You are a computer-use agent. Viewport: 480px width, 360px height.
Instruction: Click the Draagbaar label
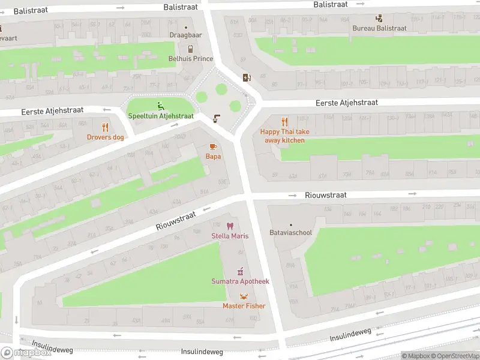(x=185, y=35)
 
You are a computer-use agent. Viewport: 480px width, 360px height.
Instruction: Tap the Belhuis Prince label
(x=190, y=59)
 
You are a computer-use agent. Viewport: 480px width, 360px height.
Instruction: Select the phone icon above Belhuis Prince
(x=190, y=49)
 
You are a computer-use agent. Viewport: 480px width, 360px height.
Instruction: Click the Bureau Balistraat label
(x=379, y=28)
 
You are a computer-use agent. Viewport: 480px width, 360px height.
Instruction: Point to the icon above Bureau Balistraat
(x=379, y=18)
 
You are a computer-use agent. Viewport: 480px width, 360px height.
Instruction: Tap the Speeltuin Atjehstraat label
(x=161, y=116)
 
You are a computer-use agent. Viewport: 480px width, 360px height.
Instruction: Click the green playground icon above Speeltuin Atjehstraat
(x=160, y=106)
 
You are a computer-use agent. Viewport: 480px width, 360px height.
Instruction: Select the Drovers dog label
(x=106, y=137)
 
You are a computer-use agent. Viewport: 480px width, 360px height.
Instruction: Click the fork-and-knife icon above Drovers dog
(x=106, y=127)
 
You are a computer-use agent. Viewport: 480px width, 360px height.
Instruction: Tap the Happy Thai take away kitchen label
(x=285, y=136)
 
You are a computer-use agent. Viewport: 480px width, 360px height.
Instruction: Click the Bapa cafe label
(x=213, y=157)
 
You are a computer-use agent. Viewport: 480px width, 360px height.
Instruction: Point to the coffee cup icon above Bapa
(x=212, y=146)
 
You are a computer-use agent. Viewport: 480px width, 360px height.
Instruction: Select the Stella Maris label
(x=230, y=236)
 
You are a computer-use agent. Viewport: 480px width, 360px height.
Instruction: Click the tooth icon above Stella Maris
(x=229, y=226)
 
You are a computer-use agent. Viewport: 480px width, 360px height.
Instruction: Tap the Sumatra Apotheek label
(x=240, y=281)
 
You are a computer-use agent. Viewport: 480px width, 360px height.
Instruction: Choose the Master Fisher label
(x=244, y=306)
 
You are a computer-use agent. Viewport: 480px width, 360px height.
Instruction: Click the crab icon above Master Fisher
(x=244, y=296)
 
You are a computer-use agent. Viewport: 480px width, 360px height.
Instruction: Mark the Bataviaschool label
(x=291, y=232)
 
